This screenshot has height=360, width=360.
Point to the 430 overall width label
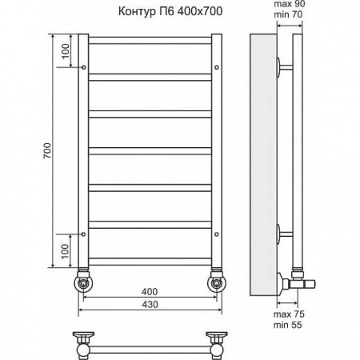point(150,305)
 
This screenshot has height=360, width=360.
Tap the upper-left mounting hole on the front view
point(83,70)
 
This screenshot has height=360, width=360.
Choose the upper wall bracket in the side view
point(282,66)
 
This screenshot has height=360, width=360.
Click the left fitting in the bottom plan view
point(83,340)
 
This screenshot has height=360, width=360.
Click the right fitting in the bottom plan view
point(216,340)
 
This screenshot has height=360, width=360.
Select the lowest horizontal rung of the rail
point(150,258)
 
